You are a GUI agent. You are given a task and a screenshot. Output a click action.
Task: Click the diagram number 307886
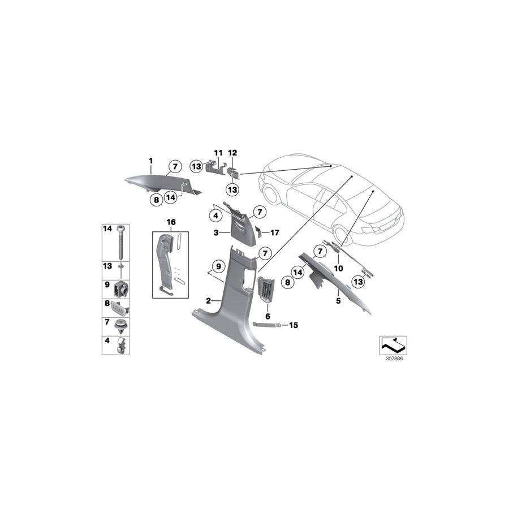[394, 359]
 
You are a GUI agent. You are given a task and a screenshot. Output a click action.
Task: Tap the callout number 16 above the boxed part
[171, 222]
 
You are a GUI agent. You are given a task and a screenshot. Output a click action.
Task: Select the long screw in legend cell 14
[122, 242]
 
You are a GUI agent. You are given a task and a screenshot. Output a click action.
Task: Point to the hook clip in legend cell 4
[122, 346]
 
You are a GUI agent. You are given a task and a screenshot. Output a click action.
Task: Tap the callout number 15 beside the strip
[294, 325]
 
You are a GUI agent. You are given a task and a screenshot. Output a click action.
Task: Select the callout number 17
[275, 233]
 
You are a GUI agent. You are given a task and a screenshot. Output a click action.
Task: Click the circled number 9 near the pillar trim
[218, 266]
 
